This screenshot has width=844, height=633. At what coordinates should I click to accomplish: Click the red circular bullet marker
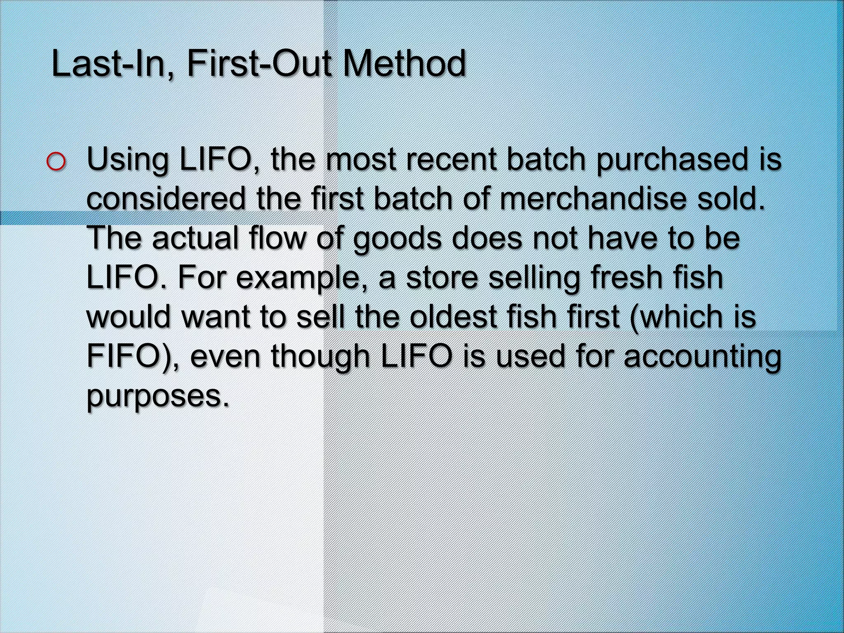coord(56,162)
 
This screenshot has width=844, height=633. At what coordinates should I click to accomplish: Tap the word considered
coord(166,198)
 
